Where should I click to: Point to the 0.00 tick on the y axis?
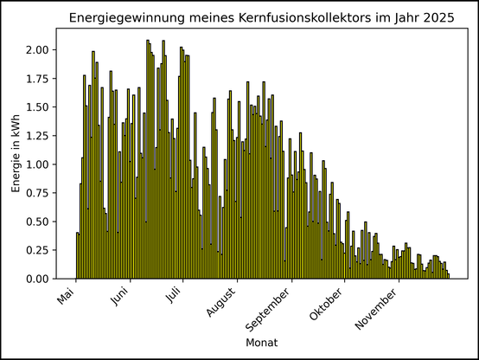tap(37, 279)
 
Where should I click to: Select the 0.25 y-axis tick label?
tap(37, 250)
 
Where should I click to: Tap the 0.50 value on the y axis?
tap(37, 222)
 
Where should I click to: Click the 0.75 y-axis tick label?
tap(37, 193)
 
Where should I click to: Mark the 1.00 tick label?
tap(37, 164)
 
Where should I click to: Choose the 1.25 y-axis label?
tap(37, 136)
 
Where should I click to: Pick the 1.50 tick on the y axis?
tap(37, 107)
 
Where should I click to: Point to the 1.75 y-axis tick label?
tap(37, 79)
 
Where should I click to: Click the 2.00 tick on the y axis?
tap(37, 50)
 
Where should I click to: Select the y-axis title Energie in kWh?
tap(16, 153)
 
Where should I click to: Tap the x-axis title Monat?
tap(262, 344)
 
